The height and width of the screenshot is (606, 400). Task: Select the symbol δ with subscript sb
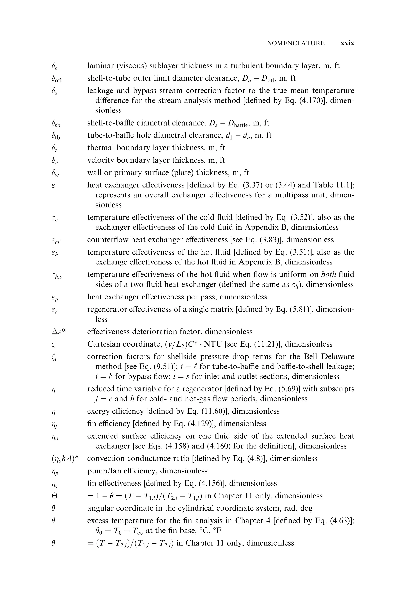click(56, 124)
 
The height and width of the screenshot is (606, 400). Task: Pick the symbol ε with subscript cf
click(56, 240)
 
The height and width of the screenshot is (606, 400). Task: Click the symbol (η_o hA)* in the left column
click(65, 458)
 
